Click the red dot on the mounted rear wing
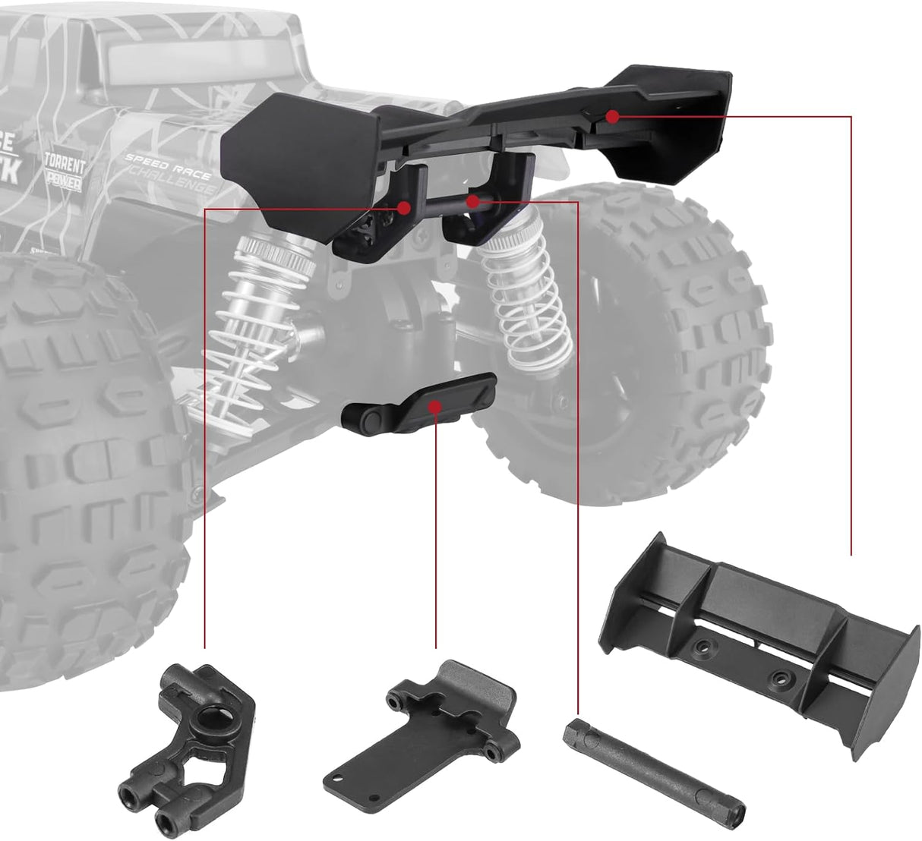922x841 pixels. [612, 116]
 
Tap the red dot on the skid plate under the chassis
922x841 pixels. [434, 406]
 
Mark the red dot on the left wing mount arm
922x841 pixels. [404, 206]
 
